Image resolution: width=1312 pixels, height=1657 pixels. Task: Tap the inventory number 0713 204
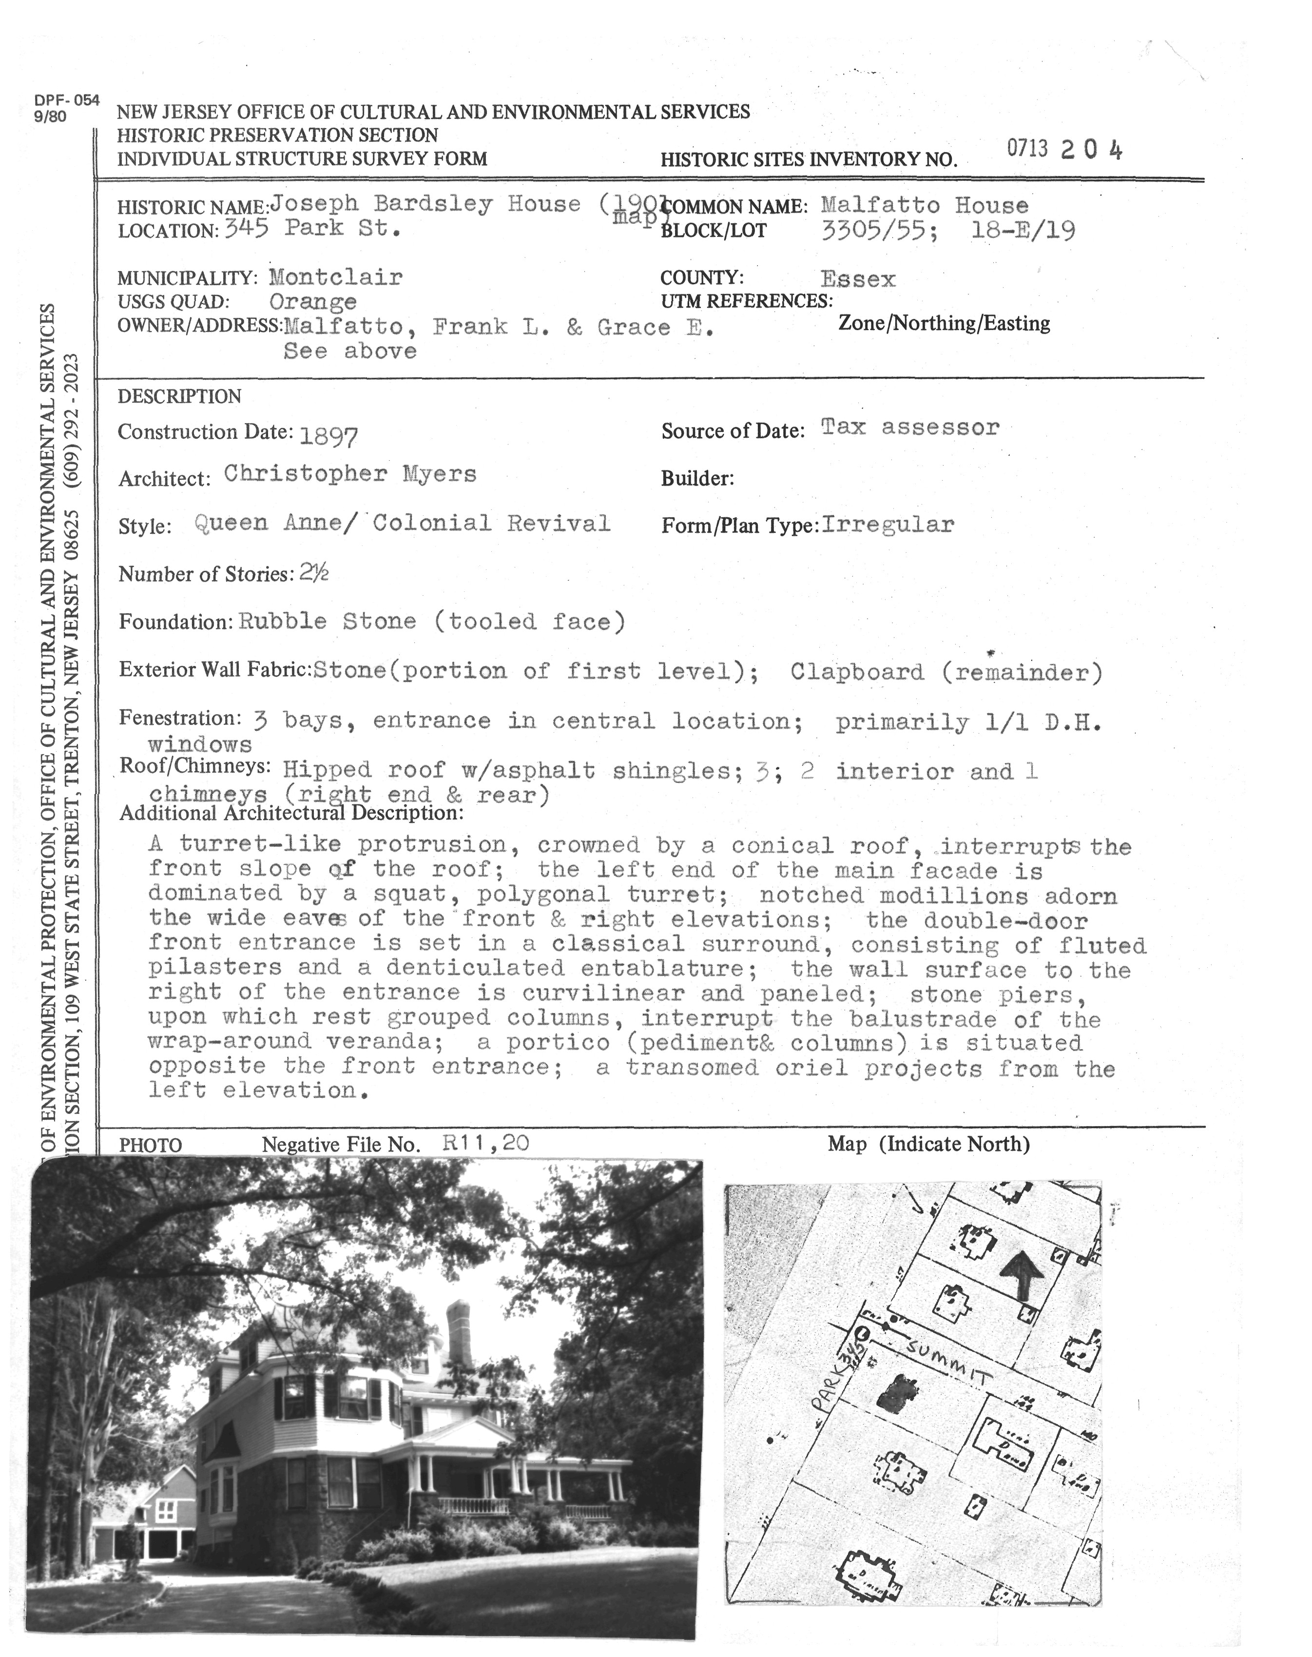(x=1064, y=150)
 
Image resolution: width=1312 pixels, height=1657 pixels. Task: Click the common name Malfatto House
(x=924, y=206)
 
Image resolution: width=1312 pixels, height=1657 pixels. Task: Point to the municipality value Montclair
(x=336, y=277)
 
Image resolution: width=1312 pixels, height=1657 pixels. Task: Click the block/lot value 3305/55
(x=877, y=231)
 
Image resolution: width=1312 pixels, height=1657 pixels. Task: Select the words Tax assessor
(x=910, y=427)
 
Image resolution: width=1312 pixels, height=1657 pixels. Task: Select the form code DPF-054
(x=67, y=100)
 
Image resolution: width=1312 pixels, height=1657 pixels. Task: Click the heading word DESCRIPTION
(x=180, y=396)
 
